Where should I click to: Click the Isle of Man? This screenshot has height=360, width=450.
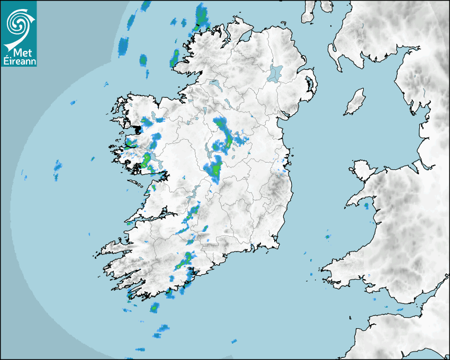pos(355,102)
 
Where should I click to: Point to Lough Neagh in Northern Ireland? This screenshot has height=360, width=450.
pos(276,73)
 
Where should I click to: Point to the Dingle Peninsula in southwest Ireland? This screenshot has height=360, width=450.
pos(114,246)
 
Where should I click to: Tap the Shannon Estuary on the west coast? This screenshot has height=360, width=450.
pos(143,217)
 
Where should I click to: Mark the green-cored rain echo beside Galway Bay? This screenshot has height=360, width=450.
pos(146,159)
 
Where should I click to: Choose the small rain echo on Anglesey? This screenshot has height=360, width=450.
pos(365,204)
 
